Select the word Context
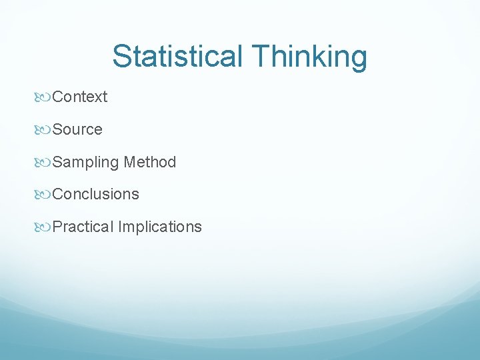79,97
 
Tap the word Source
77,129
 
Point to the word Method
150,162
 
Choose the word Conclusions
95,194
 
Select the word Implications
160,227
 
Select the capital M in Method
130,162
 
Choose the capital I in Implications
121,227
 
